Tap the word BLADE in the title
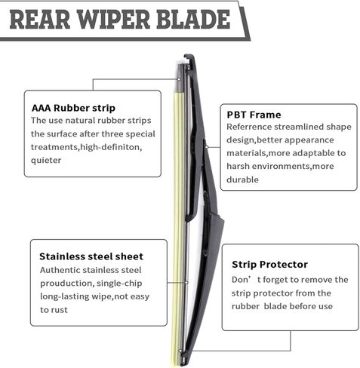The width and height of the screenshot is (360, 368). [x=193, y=20]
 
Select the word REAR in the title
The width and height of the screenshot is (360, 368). [x=40, y=20]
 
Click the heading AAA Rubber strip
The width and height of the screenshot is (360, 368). [x=73, y=108]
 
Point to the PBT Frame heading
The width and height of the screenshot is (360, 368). [x=254, y=115]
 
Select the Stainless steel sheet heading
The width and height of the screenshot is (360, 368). [x=91, y=256]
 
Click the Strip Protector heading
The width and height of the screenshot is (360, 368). [x=269, y=265]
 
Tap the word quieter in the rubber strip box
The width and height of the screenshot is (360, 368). [x=46, y=161]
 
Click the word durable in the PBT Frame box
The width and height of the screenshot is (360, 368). [x=242, y=179]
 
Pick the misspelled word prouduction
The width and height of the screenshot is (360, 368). [x=67, y=284]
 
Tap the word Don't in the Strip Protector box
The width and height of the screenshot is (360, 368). [x=246, y=280]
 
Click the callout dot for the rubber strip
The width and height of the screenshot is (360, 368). [x=179, y=79]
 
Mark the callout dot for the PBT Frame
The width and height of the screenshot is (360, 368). [x=207, y=147]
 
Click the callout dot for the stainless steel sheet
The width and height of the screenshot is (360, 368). [x=186, y=283]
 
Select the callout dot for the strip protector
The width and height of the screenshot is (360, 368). [x=180, y=351]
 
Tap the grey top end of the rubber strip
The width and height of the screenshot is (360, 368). [x=181, y=78]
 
